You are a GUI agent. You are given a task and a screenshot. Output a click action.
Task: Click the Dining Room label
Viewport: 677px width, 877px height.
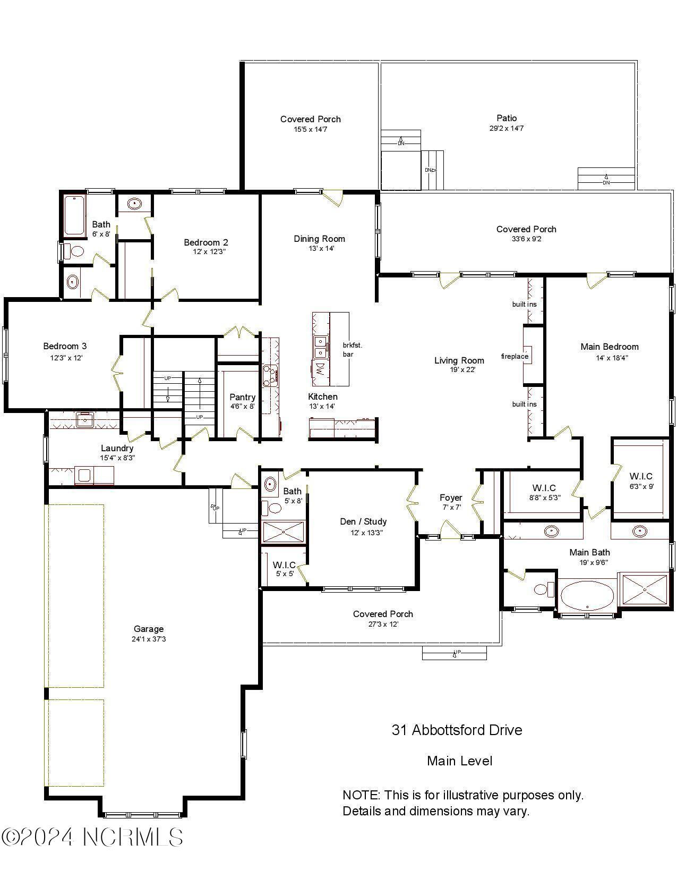coord(319,239)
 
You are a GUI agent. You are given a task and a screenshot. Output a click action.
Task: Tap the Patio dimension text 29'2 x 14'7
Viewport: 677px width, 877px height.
coord(506,128)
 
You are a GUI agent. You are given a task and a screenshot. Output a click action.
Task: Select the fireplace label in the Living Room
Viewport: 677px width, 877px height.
coord(515,356)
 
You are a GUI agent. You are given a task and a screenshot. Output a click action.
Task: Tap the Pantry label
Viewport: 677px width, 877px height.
coord(242,397)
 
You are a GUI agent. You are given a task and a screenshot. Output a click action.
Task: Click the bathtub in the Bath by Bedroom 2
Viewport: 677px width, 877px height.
coord(74,216)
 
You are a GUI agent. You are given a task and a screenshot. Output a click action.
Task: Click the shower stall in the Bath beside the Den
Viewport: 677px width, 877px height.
coord(284,532)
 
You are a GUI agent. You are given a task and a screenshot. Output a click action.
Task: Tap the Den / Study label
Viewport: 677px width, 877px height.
coord(363,521)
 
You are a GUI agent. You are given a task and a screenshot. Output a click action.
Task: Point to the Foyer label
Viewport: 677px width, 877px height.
coord(451,497)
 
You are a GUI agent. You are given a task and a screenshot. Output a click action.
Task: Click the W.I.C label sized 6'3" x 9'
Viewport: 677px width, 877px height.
coord(641,476)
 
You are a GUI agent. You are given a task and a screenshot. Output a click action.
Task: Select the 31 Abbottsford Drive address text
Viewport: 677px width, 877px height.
coord(457,730)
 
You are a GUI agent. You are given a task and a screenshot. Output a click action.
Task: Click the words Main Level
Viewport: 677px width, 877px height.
coord(459,761)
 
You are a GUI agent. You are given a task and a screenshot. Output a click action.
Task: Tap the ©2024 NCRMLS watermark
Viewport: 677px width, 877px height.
coord(92,837)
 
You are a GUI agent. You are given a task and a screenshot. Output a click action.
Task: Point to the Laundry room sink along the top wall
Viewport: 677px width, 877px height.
coord(84,419)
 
